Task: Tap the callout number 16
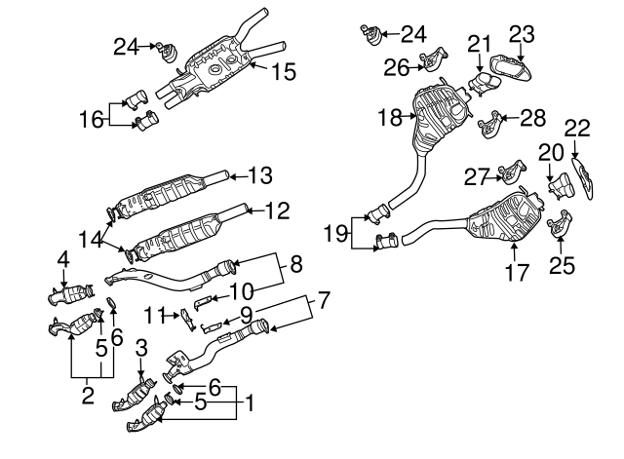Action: (x=92, y=120)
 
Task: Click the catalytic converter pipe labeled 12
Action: (x=185, y=232)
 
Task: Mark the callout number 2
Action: (x=89, y=396)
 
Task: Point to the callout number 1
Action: (x=250, y=402)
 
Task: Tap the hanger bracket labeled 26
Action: (x=430, y=64)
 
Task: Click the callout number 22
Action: (x=577, y=128)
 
